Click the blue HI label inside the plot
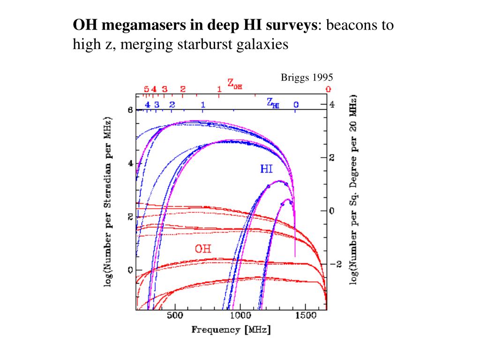(266, 169)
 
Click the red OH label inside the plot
(203, 248)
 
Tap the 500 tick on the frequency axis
(175, 316)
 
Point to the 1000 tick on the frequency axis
(240, 316)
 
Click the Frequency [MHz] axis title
(231, 330)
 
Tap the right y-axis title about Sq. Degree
(353, 190)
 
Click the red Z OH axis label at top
(235, 84)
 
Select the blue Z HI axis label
(273, 103)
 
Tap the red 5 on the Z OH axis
(146, 89)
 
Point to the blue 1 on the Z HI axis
(203, 105)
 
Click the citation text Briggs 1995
(307, 77)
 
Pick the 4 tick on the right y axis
(332, 105)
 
